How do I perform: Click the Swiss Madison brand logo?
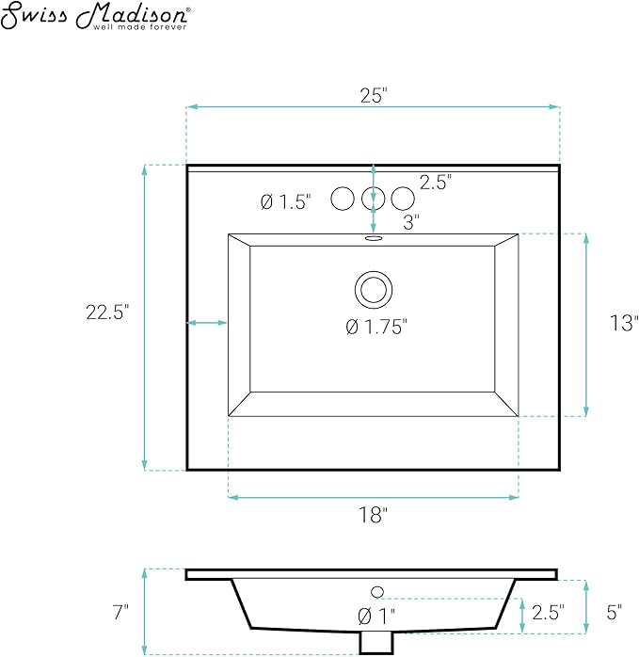click(96, 16)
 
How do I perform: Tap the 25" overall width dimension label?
click(374, 95)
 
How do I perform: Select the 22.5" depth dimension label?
click(107, 312)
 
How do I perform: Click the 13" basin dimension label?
click(624, 323)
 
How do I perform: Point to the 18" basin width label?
click(373, 515)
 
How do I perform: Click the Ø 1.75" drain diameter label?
click(376, 327)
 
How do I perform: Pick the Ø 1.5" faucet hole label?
click(286, 202)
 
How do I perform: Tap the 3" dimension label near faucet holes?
click(411, 221)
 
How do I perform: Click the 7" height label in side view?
click(120, 612)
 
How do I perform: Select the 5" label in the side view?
click(614, 612)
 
